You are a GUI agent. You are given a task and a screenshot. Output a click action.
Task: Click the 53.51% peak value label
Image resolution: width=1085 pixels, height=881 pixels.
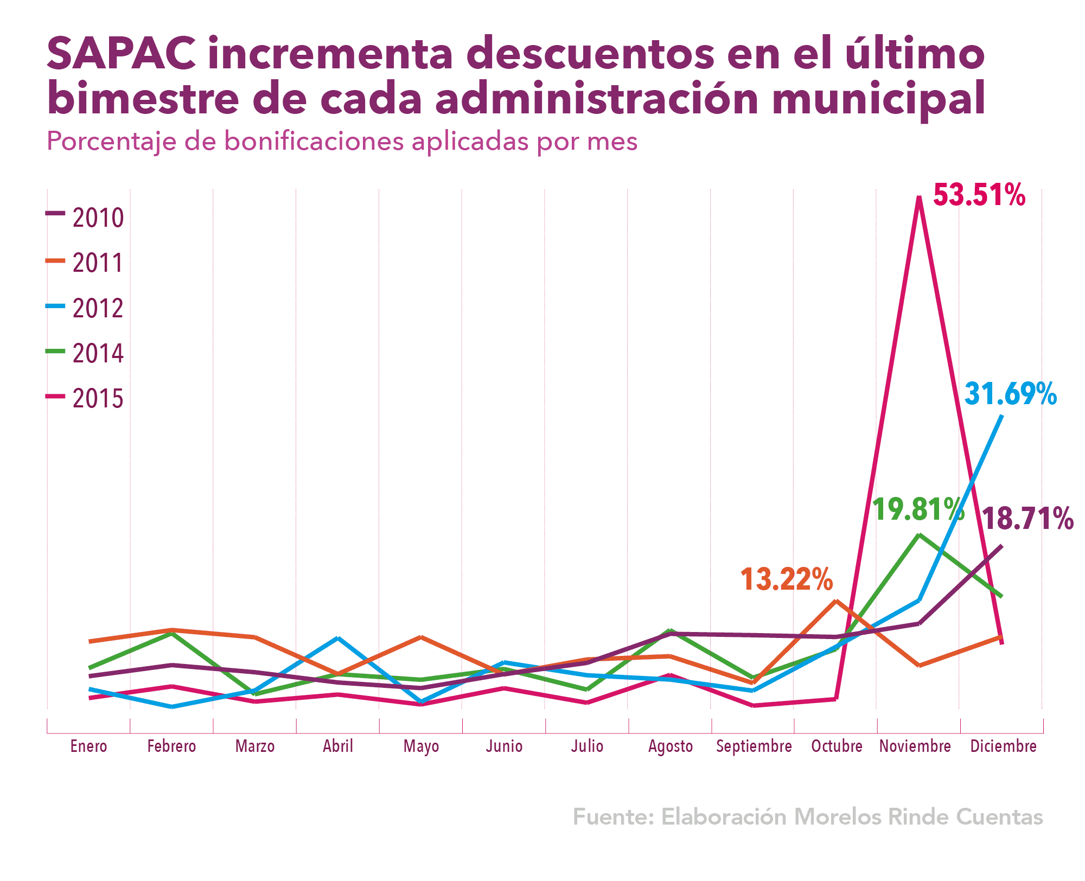979,195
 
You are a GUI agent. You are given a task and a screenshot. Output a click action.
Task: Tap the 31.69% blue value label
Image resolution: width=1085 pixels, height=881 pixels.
1011,394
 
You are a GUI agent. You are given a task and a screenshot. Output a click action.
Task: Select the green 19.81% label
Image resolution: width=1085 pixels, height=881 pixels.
918,509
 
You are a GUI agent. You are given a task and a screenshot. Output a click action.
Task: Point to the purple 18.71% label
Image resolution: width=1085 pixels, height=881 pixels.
1027,519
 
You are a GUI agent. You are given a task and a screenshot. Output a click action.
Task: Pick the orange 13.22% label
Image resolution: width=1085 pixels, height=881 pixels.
786,579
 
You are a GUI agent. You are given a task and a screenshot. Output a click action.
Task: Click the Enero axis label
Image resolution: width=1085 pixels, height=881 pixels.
88,746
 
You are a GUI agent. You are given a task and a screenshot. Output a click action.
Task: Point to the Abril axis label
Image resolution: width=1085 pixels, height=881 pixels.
338,746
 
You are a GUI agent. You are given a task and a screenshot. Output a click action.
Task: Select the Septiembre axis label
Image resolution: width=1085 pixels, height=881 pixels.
754,746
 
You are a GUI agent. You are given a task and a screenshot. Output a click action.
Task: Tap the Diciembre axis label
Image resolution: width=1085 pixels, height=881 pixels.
1003,746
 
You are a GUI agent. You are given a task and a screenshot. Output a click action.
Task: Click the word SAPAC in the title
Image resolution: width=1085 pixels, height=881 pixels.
121,55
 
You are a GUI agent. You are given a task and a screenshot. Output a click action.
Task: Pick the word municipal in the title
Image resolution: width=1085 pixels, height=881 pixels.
878,99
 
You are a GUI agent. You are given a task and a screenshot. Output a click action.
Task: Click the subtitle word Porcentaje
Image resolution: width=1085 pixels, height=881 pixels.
111,142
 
